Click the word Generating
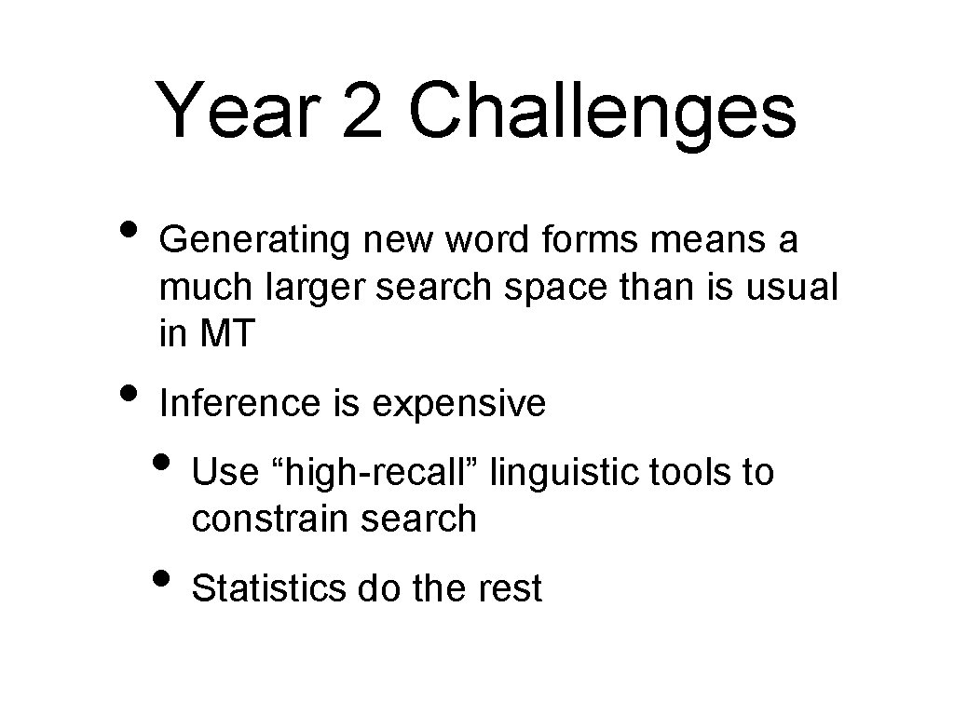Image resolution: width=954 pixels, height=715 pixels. pos(254,241)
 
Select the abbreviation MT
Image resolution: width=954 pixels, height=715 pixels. pos(227,335)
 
